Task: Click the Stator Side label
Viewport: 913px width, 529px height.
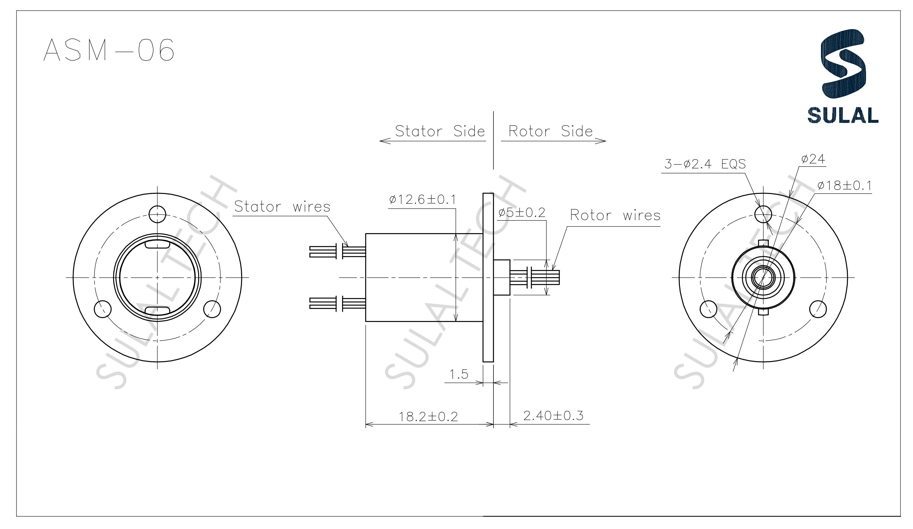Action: [x=440, y=131]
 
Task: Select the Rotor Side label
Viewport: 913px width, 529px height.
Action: [x=550, y=131]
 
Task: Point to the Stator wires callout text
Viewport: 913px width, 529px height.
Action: [x=282, y=207]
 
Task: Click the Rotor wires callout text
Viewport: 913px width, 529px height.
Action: [x=615, y=215]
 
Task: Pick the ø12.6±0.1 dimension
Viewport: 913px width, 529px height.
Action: [x=423, y=199]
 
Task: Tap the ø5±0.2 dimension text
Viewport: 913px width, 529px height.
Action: [x=521, y=213]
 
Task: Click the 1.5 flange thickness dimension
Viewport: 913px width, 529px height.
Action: [x=459, y=374]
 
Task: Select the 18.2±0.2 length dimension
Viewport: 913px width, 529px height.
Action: [x=428, y=417]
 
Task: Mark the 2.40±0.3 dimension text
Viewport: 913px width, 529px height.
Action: [x=553, y=415]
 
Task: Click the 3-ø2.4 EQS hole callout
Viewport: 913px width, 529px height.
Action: [x=705, y=164]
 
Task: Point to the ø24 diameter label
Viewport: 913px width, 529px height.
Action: [x=813, y=159]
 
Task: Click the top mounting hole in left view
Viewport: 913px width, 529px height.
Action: [x=157, y=214]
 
